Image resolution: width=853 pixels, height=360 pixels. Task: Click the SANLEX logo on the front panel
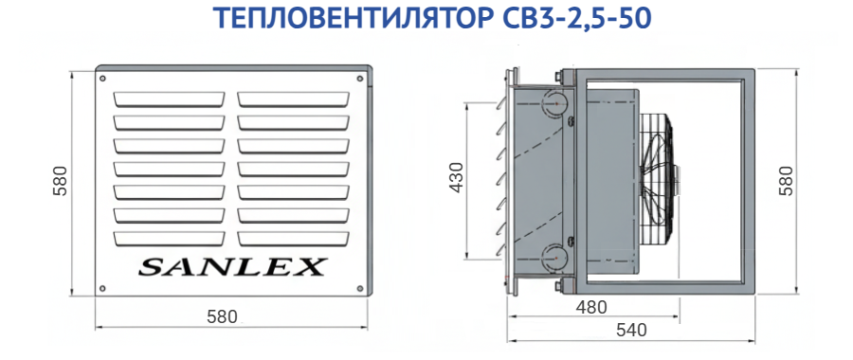tap(232, 267)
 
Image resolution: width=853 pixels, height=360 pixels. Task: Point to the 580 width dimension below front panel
tap(223, 316)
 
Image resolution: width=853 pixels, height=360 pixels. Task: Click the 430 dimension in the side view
tap(457, 177)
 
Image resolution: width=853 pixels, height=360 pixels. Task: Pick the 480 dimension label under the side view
tap(591, 308)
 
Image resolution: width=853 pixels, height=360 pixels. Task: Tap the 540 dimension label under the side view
tap(631, 330)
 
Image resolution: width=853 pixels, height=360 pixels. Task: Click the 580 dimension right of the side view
tap(787, 181)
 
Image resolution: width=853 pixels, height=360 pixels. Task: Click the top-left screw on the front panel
tap(102, 79)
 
